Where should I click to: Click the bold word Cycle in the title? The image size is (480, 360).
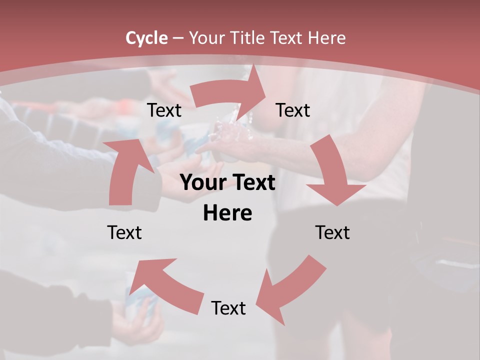[146, 38]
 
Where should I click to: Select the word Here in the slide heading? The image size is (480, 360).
[327, 38]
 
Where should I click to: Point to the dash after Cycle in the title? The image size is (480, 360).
[177, 38]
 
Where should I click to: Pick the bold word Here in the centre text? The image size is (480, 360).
[227, 213]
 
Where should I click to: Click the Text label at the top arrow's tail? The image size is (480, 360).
[164, 110]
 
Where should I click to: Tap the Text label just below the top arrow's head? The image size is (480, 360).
[293, 110]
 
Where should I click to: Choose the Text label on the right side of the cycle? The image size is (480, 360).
[332, 232]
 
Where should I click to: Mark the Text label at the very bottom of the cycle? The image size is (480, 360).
[228, 308]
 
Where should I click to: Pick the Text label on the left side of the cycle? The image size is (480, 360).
[124, 232]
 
